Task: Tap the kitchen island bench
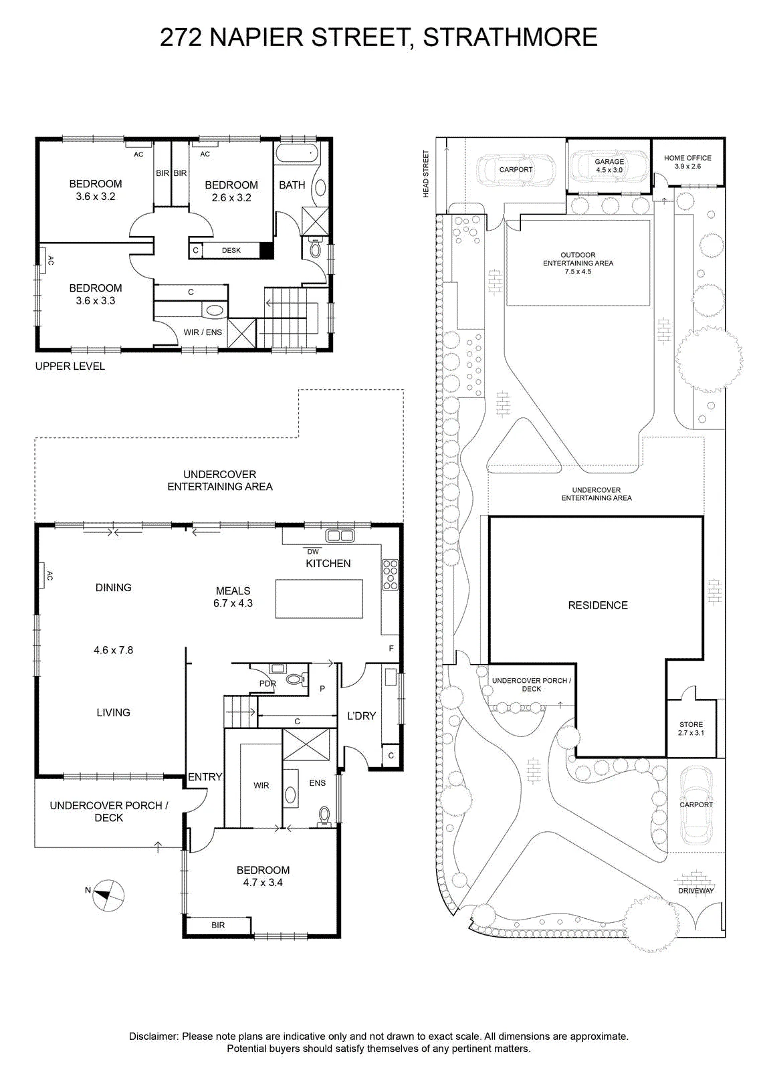tap(319, 599)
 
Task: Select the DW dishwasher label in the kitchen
tap(313, 552)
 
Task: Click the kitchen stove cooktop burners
tap(390, 574)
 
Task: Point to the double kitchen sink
tap(340, 536)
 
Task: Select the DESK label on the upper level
tap(231, 250)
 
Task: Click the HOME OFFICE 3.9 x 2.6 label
tap(687, 162)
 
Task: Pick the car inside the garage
tap(609, 167)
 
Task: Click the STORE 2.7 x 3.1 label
tap(691, 728)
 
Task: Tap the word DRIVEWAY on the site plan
tap(696, 890)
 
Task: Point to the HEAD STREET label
tap(426, 174)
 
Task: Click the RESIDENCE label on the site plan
tap(598, 605)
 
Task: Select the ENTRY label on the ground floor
tap(205, 777)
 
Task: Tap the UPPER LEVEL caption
tap(70, 366)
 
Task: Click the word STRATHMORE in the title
tap(510, 37)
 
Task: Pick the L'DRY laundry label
tap(362, 716)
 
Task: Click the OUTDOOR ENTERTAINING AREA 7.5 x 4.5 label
tap(578, 263)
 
